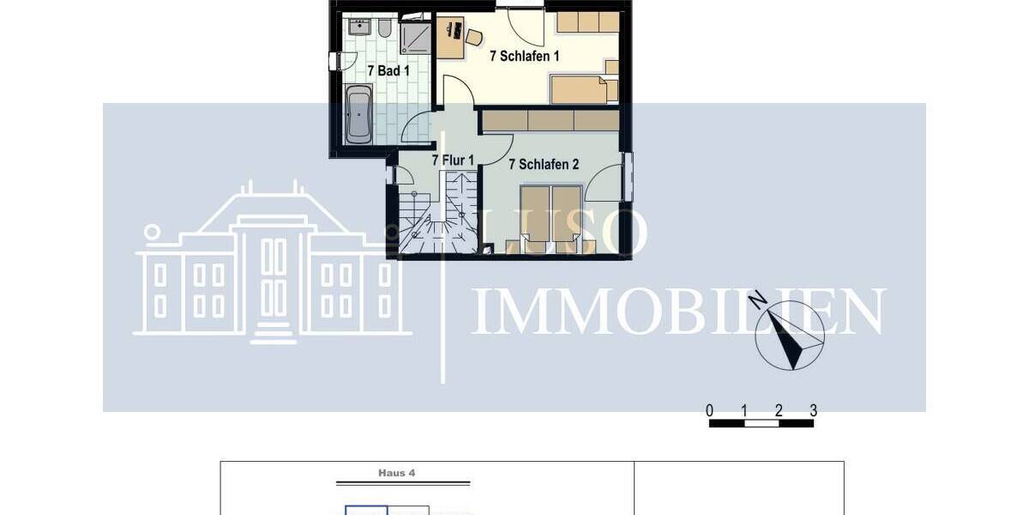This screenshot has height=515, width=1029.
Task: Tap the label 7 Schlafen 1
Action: (x=524, y=57)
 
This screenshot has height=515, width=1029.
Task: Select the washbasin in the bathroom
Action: (x=360, y=27)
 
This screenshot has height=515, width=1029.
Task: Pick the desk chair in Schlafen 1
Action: (x=472, y=36)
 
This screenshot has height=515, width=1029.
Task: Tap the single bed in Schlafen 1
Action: (x=583, y=88)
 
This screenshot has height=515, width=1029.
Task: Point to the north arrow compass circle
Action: (x=790, y=337)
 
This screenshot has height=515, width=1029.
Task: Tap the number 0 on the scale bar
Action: (x=709, y=409)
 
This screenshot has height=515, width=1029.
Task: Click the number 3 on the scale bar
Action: (x=813, y=409)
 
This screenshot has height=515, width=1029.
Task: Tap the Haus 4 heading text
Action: (x=397, y=472)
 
